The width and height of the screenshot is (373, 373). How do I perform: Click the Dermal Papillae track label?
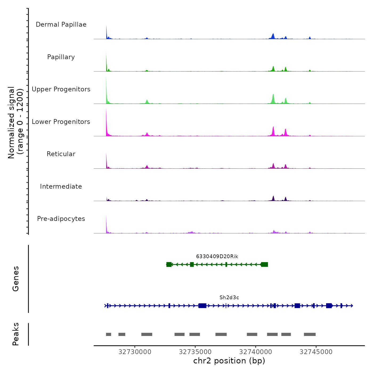[x=61, y=25]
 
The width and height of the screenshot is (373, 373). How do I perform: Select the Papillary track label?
[x=61, y=57]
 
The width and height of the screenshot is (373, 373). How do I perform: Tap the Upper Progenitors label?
[x=61, y=89]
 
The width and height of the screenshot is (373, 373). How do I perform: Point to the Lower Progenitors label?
[x=61, y=122]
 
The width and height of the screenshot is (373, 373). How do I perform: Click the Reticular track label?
[x=61, y=154]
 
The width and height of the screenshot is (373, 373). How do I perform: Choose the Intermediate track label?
[x=61, y=186]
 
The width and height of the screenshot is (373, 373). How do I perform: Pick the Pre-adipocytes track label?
[x=61, y=219]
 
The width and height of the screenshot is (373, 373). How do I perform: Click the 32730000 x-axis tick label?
[x=135, y=352]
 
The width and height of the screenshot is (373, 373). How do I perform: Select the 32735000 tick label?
[x=195, y=352]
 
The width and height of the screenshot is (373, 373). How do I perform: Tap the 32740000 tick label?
[x=256, y=352]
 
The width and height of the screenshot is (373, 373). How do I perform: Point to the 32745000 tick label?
[x=316, y=352]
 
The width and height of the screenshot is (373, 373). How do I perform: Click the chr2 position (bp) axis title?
[x=229, y=361]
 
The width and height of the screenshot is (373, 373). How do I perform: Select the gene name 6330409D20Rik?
[x=217, y=257]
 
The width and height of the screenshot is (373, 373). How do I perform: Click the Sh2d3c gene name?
[x=229, y=298]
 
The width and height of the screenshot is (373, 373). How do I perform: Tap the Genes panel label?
[x=16, y=279]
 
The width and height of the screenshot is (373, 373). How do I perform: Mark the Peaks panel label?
[x=16, y=334]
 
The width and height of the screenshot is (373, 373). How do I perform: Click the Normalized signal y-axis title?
[x=16, y=123]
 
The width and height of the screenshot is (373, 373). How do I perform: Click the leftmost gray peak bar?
[x=108, y=334]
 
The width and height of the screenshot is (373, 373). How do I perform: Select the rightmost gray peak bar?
[x=310, y=334]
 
